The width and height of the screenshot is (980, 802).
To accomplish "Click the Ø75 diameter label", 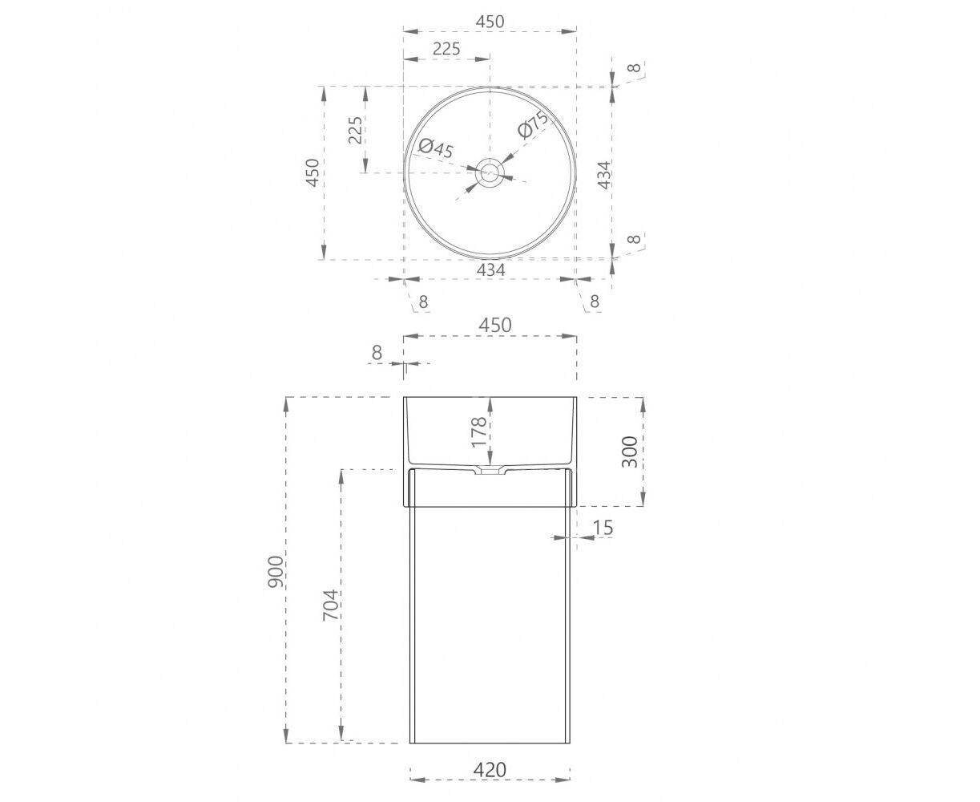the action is (534, 124).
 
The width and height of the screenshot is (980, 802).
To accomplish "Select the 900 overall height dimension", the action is (276, 571).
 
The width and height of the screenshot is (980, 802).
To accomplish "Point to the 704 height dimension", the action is (330, 606).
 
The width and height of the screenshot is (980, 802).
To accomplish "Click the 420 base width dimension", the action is (490, 769).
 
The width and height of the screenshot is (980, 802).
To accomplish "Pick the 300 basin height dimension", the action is (630, 452).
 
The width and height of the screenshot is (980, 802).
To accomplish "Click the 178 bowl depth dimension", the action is (478, 432).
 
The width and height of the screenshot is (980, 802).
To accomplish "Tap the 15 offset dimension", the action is (603, 528).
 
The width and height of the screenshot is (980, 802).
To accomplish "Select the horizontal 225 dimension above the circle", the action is (446, 48).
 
